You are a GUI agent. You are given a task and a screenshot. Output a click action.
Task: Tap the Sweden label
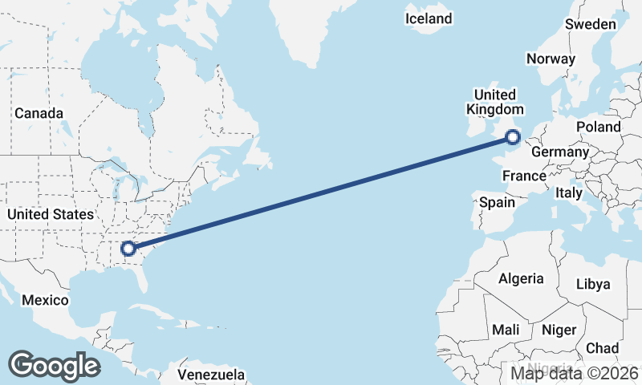pyautogui.click(x=591, y=24)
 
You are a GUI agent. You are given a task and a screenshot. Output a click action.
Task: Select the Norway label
pyautogui.click(x=551, y=59)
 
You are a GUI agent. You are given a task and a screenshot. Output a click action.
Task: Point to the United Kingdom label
pyautogui.click(x=494, y=102)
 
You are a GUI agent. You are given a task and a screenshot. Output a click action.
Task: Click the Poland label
pyautogui.click(x=598, y=127)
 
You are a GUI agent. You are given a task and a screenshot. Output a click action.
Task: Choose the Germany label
pyautogui.click(x=560, y=152)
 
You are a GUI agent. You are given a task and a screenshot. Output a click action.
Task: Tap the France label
pyautogui.click(x=524, y=176)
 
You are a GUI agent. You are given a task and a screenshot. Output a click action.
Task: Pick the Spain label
pyautogui.click(x=497, y=202)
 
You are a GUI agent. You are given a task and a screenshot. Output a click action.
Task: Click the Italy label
pyautogui.click(x=569, y=193)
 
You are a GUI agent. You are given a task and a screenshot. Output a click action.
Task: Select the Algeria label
pyautogui.click(x=522, y=279)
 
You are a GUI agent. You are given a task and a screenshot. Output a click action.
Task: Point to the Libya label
pyautogui.click(x=593, y=284)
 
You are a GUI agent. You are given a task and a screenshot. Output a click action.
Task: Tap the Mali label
pyautogui.click(x=506, y=330)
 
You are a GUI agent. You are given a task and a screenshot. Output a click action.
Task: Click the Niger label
pyautogui.click(x=559, y=330)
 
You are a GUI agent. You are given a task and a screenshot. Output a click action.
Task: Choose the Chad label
pyautogui.click(x=602, y=348)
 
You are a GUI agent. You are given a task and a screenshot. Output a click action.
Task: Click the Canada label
pyautogui.click(x=39, y=113)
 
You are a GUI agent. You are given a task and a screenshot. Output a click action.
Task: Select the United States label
pyautogui.click(x=50, y=214)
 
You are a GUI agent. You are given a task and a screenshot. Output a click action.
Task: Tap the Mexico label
pyautogui.click(x=45, y=300)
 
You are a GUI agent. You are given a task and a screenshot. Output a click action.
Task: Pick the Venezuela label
pyautogui.click(x=211, y=375)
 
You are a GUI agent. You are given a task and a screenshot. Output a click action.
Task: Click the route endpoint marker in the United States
pyautogui.click(x=128, y=249)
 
